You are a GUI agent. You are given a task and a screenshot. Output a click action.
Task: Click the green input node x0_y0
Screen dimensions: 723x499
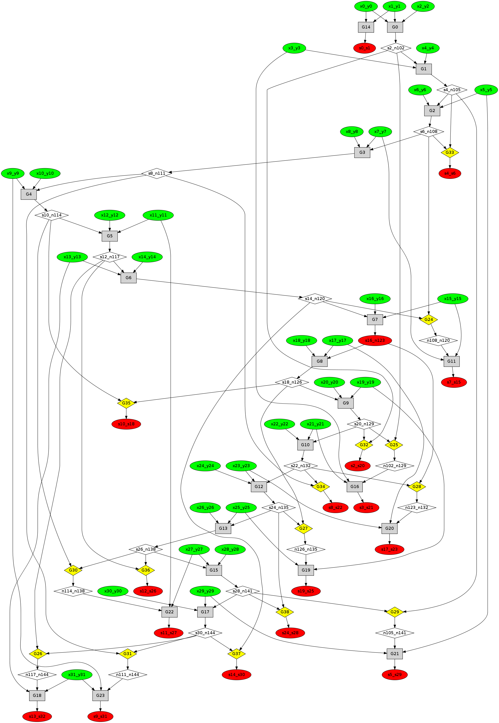[366, 6]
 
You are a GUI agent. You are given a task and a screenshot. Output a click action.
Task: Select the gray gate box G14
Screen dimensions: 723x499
[366, 27]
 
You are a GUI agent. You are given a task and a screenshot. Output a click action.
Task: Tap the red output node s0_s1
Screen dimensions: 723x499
[364, 48]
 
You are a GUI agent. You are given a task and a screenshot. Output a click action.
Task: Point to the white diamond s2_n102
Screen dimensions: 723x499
[396, 48]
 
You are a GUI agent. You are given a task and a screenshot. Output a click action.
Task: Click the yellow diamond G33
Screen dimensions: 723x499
[450, 153]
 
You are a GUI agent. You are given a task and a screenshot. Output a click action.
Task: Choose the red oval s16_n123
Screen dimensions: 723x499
[375, 340]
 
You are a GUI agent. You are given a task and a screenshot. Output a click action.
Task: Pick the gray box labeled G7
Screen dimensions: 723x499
[375, 319]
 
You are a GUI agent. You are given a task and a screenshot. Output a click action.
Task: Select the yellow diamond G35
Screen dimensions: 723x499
[126, 403]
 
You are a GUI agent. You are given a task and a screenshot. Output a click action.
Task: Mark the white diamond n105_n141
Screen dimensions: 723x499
[394, 633]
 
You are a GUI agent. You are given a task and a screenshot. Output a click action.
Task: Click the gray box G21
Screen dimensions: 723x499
[394, 654]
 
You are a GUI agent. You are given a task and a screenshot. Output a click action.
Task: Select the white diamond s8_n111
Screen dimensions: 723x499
[157, 173]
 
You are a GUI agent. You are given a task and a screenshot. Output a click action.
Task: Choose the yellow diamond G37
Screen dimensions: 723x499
[236, 654]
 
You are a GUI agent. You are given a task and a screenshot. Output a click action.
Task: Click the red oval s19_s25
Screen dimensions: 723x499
[306, 591]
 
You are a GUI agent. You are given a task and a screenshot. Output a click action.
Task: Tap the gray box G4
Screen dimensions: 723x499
[29, 194]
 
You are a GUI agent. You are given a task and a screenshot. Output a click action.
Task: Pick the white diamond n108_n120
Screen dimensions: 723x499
[438, 340]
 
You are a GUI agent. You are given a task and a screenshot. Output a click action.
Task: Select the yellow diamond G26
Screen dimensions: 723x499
[37, 654]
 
